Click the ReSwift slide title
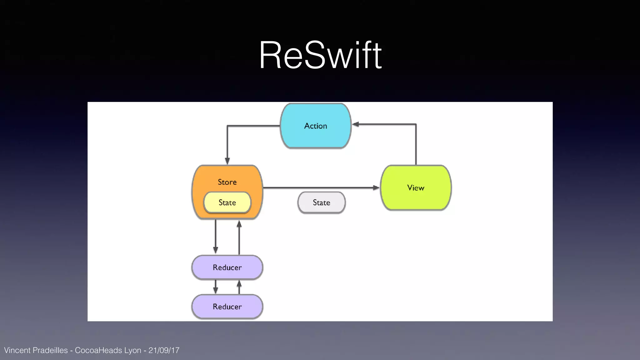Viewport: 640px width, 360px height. [x=320, y=55]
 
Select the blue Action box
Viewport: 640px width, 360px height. [x=316, y=126]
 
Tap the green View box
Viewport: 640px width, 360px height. [x=416, y=187]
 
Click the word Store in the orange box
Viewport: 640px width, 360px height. [x=227, y=182]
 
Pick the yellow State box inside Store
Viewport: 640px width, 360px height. [x=227, y=202]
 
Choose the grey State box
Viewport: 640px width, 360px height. [x=321, y=202]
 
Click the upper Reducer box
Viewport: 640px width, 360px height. [x=227, y=267]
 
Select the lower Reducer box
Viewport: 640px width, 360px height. [x=227, y=307]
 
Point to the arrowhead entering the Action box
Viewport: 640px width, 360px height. [x=356, y=124]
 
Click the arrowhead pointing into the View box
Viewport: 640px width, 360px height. [x=376, y=187]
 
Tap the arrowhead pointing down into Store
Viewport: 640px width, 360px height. [x=227, y=161]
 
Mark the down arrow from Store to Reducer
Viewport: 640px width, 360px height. [x=215, y=237]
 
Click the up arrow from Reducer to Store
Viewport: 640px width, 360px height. [x=239, y=237]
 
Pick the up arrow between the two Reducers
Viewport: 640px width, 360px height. [x=239, y=286]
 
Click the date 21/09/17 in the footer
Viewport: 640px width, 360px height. [x=164, y=350]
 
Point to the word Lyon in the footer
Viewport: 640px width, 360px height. [x=133, y=350]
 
